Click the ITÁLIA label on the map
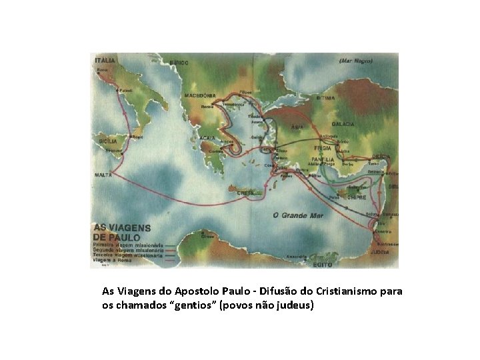click(105, 60)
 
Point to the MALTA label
click(103, 175)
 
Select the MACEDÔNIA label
click(200, 95)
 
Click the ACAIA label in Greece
click(207, 138)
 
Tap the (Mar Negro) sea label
click(355, 61)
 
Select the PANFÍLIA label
click(322, 160)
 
